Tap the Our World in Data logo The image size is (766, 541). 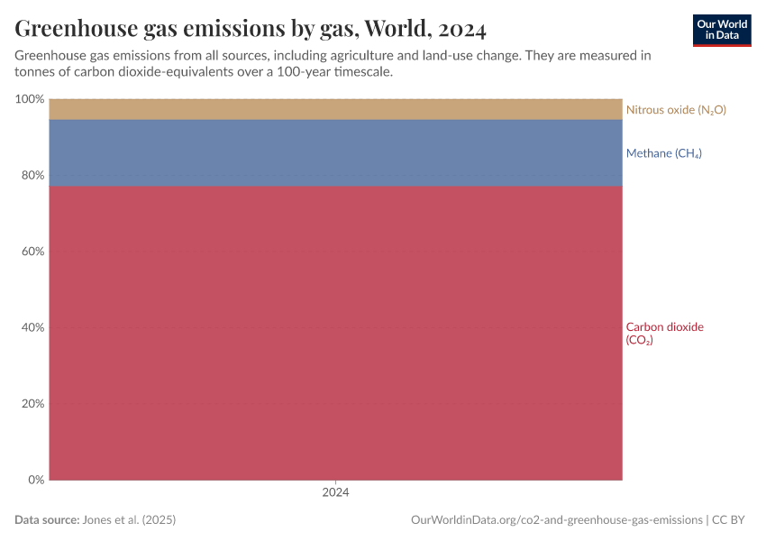(721, 30)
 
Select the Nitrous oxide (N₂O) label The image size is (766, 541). (676, 110)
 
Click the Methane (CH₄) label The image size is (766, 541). (663, 153)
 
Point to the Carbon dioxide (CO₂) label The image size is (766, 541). (664, 334)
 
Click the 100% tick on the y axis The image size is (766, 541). (30, 99)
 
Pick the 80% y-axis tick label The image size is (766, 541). (32, 175)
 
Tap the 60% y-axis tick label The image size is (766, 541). (32, 252)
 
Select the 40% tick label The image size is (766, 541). (32, 327)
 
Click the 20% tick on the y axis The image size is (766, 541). (32, 404)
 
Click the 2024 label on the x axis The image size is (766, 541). (335, 493)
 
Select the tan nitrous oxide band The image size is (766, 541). (335, 109)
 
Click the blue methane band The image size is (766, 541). (335, 152)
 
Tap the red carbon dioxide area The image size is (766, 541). (335, 334)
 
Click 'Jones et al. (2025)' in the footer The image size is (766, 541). (129, 520)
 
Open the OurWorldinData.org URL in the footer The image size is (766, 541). (556, 520)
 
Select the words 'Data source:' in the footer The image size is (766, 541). (47, 520)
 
